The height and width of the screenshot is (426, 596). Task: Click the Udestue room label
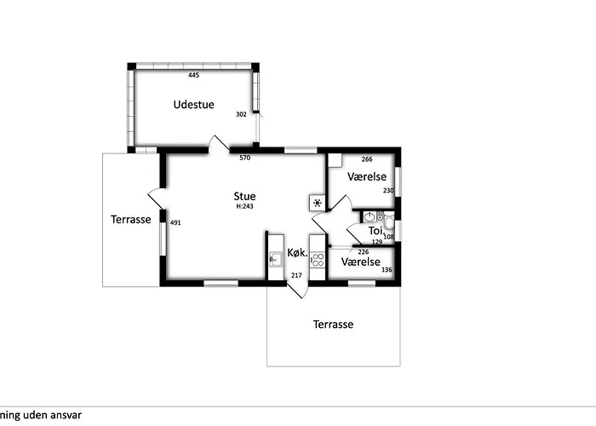click(194, 105)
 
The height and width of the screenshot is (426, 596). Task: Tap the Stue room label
click(244, 196)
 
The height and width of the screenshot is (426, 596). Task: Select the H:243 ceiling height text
click(245, 206)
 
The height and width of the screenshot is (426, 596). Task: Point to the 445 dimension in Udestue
click(193, 75)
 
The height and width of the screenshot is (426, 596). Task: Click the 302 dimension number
click(241, 114)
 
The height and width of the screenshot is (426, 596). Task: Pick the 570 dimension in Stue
click(245, 158)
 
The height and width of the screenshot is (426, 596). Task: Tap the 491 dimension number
click(175, 222)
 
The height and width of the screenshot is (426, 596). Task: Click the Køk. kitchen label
click(297, 252)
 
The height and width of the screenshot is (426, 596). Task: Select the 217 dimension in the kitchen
click(296, 275)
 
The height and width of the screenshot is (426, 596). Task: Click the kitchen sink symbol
click(276, 260)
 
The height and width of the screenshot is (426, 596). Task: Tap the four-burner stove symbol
click(318, 260)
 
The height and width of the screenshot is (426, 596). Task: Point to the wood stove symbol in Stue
click(317, 203)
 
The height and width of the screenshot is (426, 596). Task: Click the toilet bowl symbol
click(389, 222)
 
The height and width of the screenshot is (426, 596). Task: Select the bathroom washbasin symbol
click(370, 217)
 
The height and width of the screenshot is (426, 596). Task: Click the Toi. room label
click(375, 231)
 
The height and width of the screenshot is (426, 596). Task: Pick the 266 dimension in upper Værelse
click(367, 159)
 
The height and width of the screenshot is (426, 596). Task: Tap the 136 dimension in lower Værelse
click(387, 270)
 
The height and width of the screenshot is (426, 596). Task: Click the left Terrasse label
click(131, 220)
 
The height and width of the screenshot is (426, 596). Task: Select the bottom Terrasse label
click(333, 325)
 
